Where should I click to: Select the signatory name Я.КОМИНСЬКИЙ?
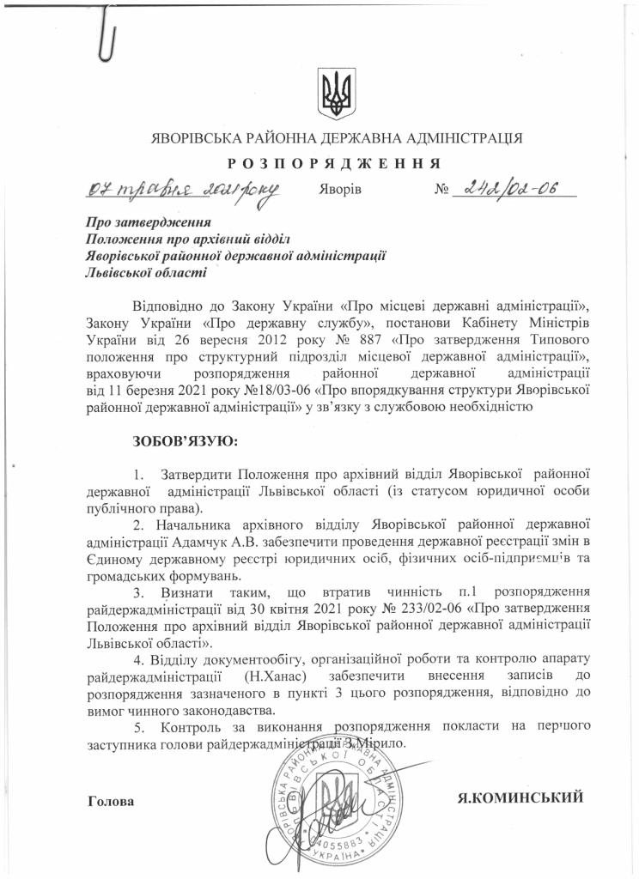(x=520, y=797)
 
